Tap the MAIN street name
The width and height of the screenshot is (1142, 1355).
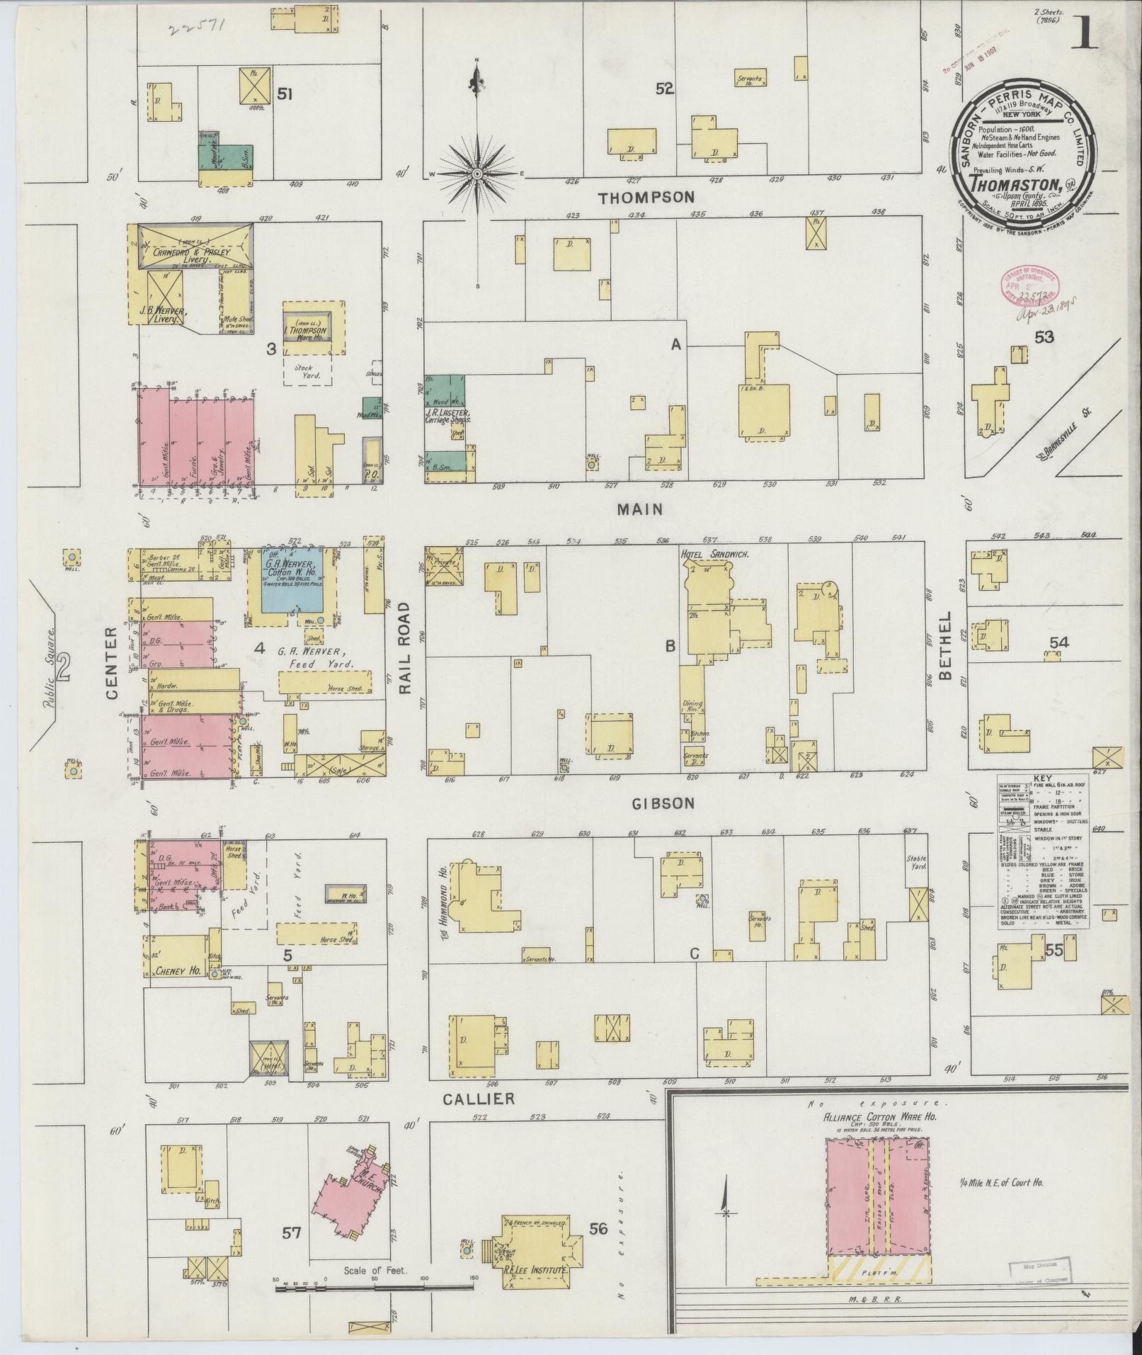coord(639,509)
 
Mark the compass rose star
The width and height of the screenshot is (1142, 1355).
coord(477,173)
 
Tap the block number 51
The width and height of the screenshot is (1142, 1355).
coord(285,93)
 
